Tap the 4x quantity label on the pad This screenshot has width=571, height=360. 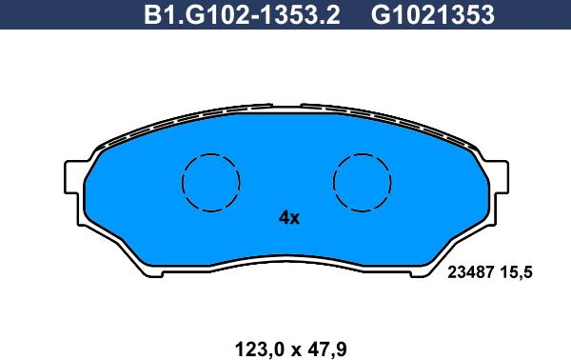(x=288, y=218)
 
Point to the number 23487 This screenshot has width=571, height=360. (x=469, y=272)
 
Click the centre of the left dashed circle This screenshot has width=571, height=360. (x=210, y=181)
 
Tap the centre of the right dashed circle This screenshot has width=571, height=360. (x=363, y=181)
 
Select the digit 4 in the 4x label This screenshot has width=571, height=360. (x=283, y=218)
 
